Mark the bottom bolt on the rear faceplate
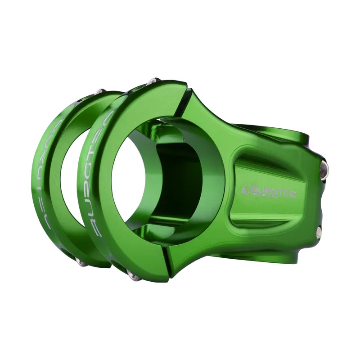[80, 262]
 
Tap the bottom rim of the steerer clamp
[270, 256]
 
